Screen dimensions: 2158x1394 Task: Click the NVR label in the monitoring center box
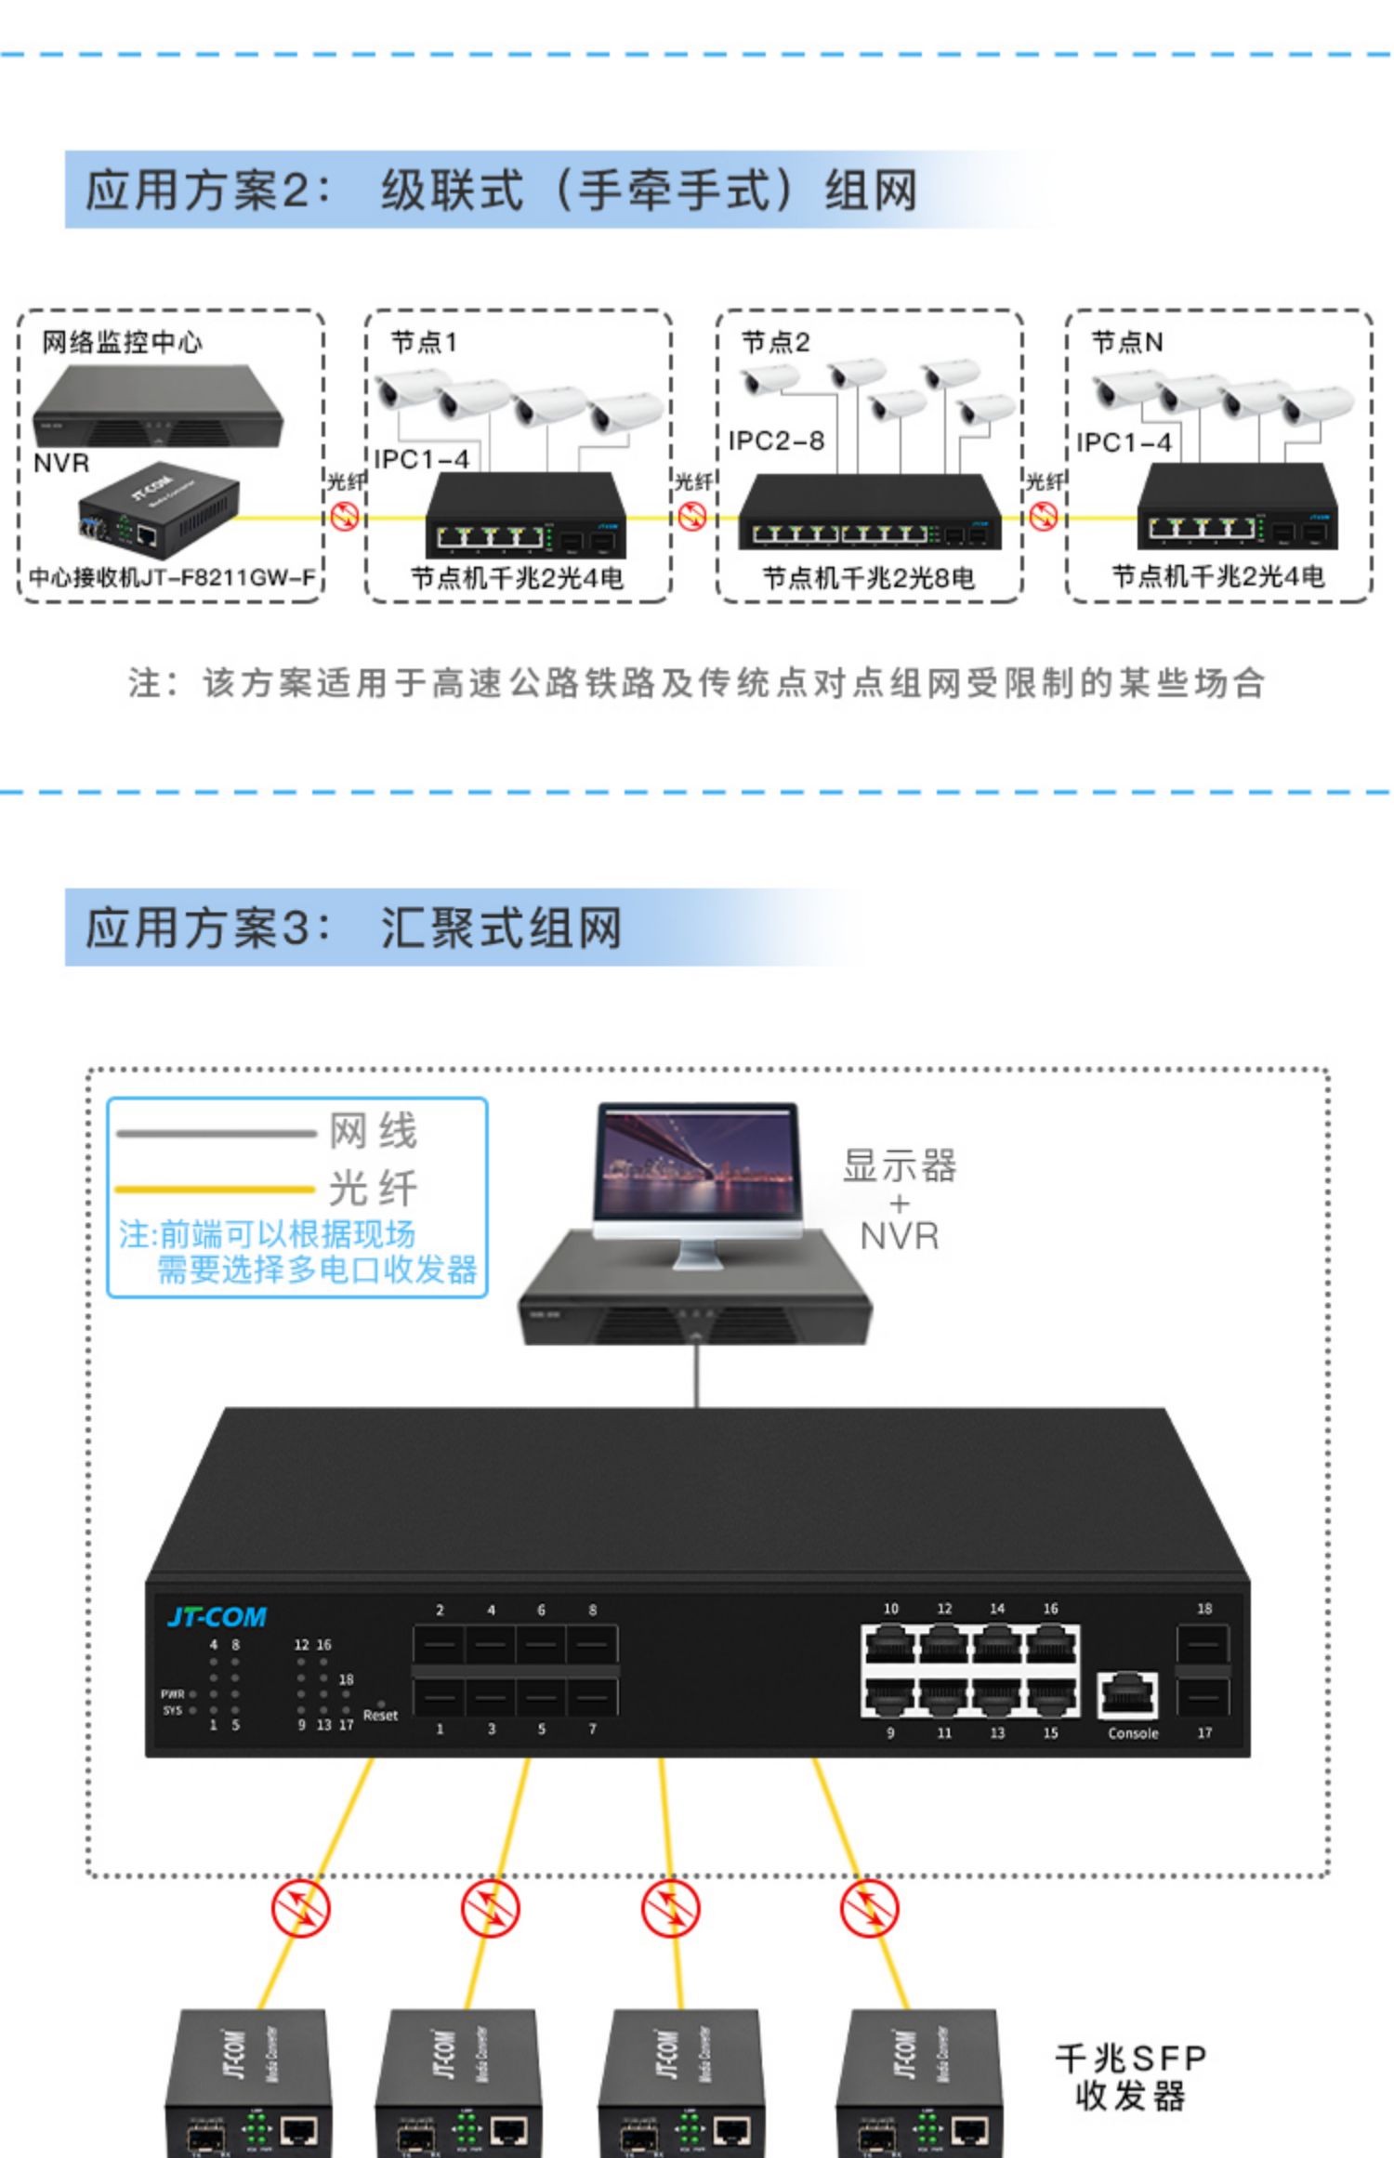61,463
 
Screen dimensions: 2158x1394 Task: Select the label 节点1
424,343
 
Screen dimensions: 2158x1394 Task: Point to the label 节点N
1126,343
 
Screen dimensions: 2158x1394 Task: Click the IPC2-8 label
776,441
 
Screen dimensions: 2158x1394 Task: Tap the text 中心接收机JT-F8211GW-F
172,578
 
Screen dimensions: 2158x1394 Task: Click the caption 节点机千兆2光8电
868,578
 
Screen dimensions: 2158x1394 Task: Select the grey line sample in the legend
216,1133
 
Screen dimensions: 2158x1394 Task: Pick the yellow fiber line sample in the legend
216,1189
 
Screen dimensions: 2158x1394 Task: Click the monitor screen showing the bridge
697,1162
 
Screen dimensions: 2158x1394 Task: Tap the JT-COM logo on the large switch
217,1617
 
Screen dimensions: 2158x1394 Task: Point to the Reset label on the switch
380,1716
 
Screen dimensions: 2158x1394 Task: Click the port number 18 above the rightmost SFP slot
1203,1608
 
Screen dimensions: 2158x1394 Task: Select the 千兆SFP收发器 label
1130,2077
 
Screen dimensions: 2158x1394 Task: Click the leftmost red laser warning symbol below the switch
300,1908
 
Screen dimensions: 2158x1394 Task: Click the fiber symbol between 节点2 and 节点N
1044,516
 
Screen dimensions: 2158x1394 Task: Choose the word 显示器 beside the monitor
899,1165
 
